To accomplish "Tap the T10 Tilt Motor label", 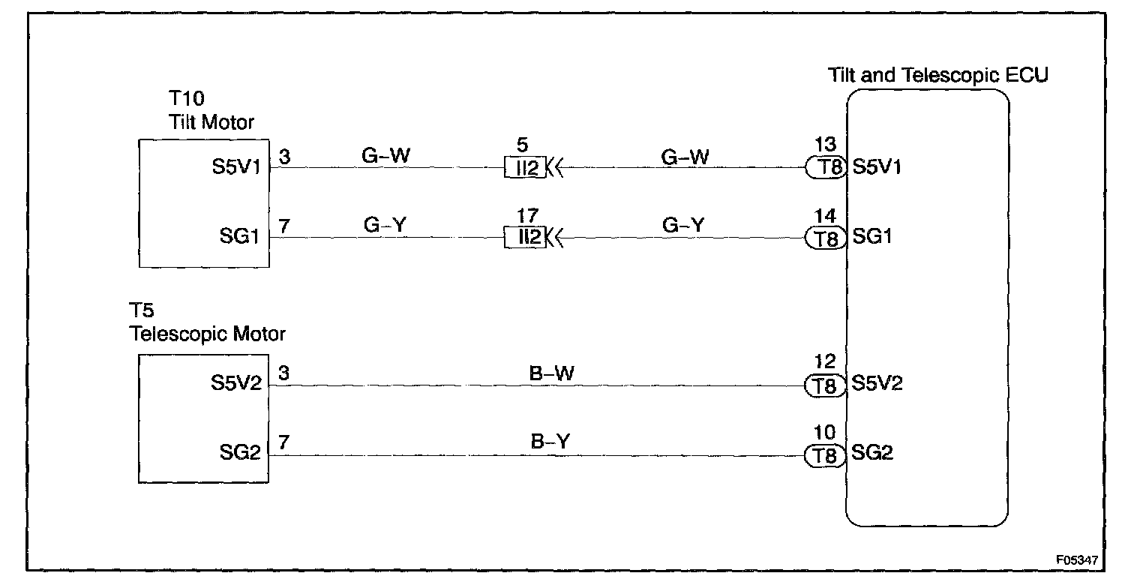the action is tap(212, 111).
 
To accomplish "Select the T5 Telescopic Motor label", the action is tap(207, 323).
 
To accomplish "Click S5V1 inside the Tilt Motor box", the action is tap(241, 167).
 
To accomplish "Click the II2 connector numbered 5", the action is tap(524, 168).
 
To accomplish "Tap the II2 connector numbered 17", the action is tap(524, 238).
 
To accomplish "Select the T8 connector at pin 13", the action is tap(826, 168).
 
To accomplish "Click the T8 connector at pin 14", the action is tap(826, 238).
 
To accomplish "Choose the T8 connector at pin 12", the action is tap(826, 385).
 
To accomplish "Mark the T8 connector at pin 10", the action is tap(826, 455).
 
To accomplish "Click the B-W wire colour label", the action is tap(551, 373).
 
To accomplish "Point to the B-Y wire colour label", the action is tap(551, 442).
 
